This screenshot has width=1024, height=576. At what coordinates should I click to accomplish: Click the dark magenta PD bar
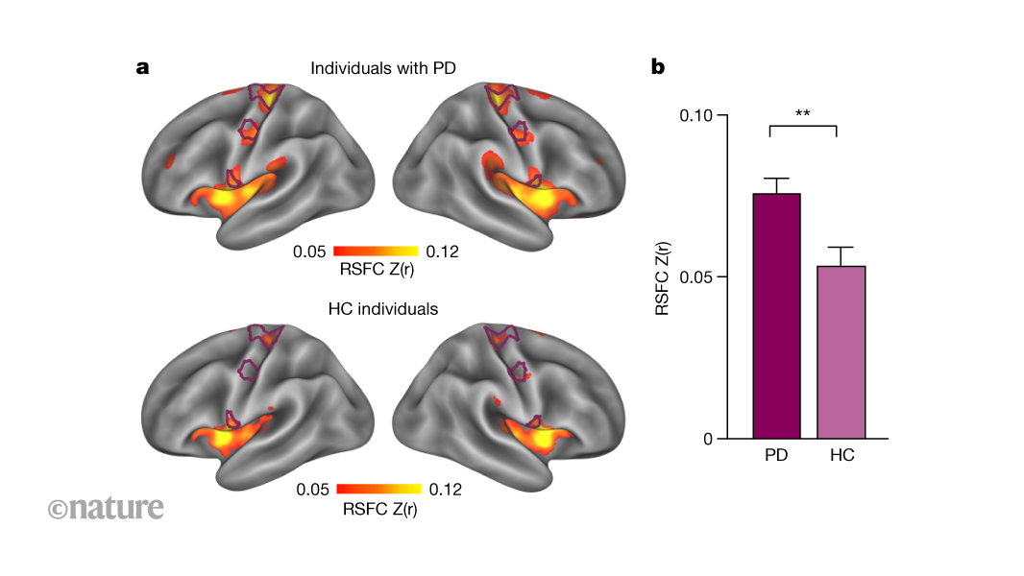(776, 316)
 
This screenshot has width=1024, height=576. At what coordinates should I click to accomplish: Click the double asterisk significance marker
(803, 113)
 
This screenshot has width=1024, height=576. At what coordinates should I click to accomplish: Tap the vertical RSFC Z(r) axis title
(662, 278)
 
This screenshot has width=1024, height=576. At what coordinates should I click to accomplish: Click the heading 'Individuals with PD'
(382, 68)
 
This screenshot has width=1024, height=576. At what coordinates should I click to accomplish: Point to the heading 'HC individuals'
(382, 309)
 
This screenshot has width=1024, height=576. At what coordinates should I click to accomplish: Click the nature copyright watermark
(106, 507)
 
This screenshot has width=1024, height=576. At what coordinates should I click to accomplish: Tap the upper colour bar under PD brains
(376, 252)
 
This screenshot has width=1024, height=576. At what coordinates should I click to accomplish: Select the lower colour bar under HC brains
(378, 490)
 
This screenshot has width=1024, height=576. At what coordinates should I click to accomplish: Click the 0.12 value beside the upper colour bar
(441, 252)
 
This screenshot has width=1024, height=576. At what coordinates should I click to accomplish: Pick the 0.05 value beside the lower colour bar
(313, 490)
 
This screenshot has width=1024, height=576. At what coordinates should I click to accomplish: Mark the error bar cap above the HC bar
(841, 248)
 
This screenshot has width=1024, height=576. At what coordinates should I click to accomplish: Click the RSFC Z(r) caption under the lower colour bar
(379, 509)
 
